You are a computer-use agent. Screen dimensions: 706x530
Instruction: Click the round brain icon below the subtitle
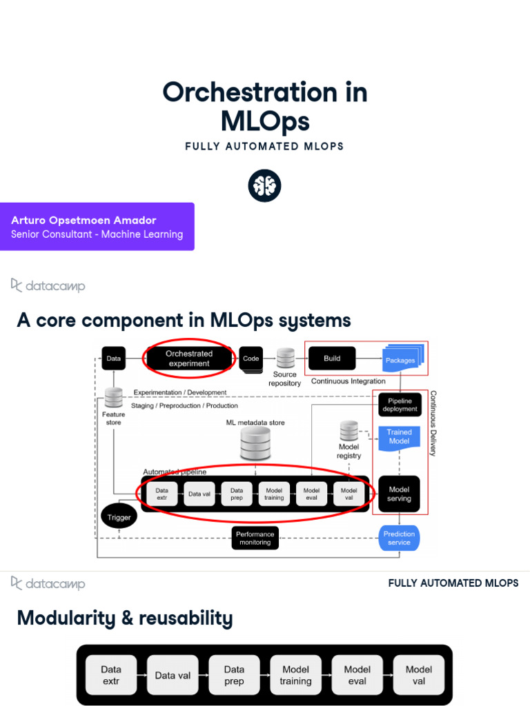click(x=265, y=185)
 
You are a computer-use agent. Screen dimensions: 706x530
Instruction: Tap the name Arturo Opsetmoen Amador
click(x=84, y=220)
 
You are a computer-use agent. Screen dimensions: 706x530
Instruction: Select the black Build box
click(x=332, y=359)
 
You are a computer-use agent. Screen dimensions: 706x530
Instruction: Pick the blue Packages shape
click(x=402, y=359)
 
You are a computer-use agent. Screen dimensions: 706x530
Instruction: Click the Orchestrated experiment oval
click(x=188, y=359)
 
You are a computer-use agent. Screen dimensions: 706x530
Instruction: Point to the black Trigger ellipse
click(x=119, y=517)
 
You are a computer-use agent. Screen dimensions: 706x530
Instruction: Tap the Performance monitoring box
click(x=255, y=538)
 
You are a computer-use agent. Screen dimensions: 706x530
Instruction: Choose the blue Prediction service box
click(x=399, y=538)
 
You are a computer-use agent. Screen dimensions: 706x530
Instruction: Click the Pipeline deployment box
click(x=400, y=405)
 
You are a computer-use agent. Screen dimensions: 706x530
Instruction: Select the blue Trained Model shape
click(x=399, y=437)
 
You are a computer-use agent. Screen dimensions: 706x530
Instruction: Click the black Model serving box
click(x=399, y=494)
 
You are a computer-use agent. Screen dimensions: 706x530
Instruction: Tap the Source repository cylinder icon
click(x=285, y=358)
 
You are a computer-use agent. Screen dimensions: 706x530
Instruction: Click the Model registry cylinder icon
click(x=349, y=432)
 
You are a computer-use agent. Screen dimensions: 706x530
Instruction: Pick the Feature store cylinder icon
click(x=114, y=398)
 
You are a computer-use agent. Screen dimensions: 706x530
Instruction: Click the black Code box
click(x=251, y=359)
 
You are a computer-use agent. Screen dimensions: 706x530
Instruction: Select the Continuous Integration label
click(x=348, y=381)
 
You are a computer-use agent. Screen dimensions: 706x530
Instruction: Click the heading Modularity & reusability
click(x=124, y=618)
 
